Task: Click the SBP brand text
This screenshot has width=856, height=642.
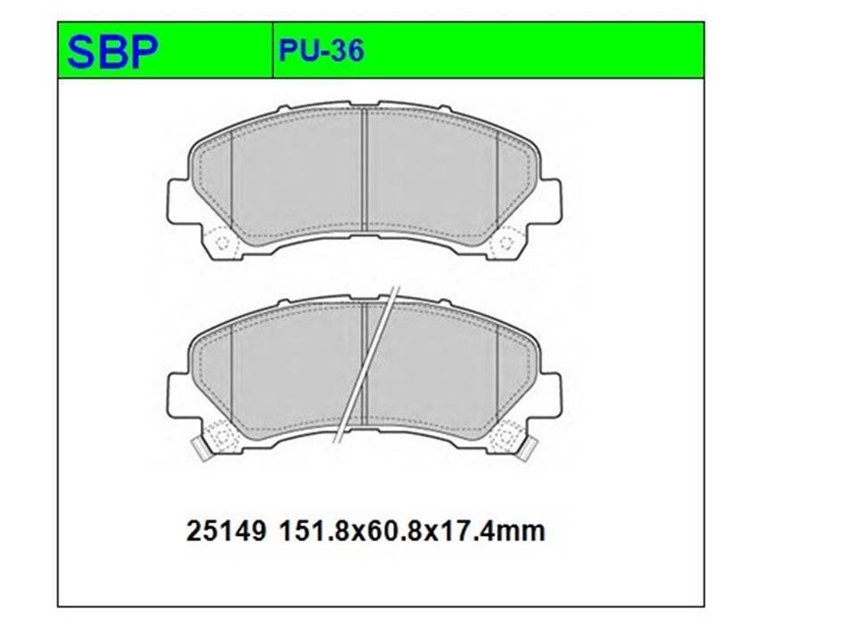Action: coord(112,52)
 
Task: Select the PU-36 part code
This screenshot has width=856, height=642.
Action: coord(321,52)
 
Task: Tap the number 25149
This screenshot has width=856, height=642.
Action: coord(226,531)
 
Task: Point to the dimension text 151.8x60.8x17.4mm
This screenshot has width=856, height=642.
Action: coord(412,531)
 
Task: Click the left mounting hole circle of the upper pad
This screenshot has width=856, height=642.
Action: coord(222,243)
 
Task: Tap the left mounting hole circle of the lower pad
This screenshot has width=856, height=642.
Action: coord(222,437)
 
